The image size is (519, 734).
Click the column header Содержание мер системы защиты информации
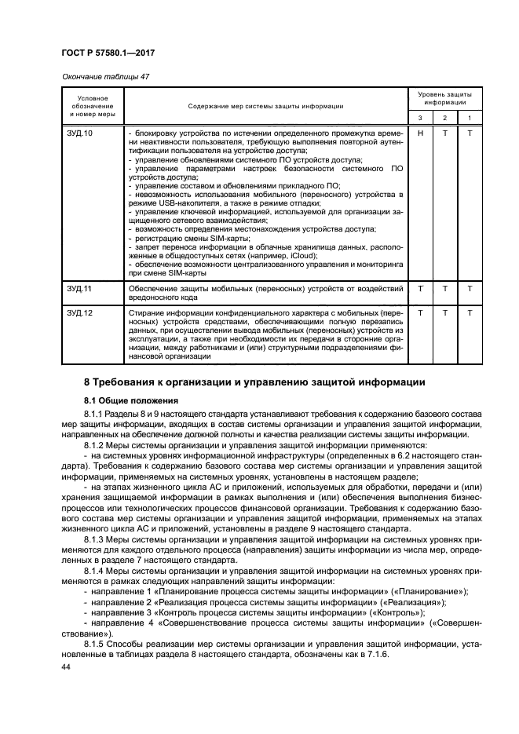pyautogui.click(x=265, y=105)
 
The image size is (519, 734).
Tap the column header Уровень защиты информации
pyautogui.click(x=444, y=98)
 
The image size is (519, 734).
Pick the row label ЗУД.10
pyautogui.click(x=81, y=133)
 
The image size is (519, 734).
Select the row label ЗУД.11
pyautogui.click(x=81, y=289)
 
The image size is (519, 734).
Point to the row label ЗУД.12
pyautogui.click(x=81, y=313)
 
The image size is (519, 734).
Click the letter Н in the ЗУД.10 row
pyautogui.click(x=421, y=133)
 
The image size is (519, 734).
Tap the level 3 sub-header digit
pyautogui.click(x=421, y=118)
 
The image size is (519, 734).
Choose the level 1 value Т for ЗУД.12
pyautogui.click(x=470, y=313)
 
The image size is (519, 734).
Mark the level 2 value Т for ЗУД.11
pyautogui.click(x=445, y=289)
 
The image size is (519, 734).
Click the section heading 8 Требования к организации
pyautogui.click(x=255, y=382)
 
